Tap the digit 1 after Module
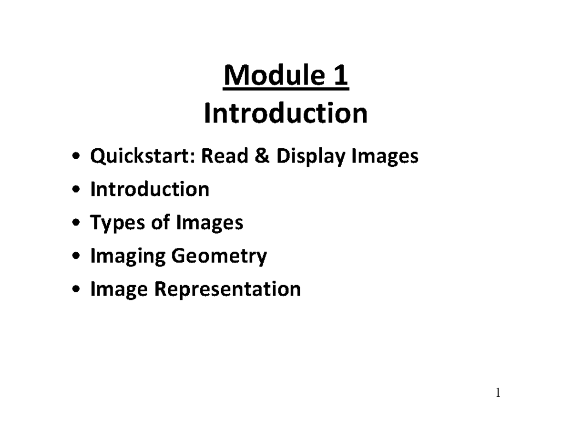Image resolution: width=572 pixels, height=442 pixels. (341, 76)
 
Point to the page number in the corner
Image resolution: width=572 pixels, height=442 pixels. (498, 393)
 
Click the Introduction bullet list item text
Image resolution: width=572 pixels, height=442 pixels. (150, 189)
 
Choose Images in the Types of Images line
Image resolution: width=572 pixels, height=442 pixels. (210, 223)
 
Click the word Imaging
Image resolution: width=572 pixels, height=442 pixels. (127, 257)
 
